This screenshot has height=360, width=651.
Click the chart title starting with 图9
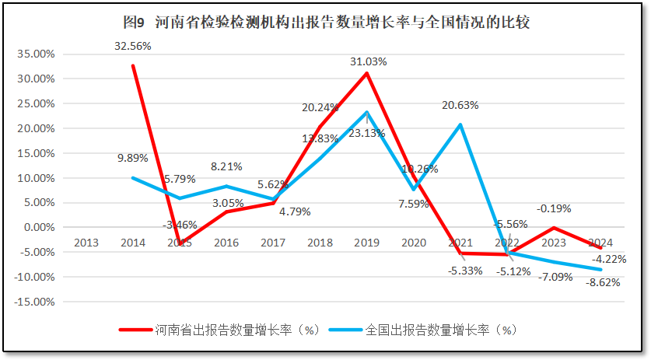pos(326,22)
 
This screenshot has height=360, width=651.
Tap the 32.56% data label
pos(133,46)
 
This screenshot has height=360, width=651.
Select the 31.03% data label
pos(368,61)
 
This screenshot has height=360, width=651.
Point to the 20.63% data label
pos(460,105)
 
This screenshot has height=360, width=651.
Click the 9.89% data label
pos(133,159)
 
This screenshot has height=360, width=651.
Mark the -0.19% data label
pos(553,208)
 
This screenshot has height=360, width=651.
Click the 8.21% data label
pos(226,166)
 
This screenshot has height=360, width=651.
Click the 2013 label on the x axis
pos(86,242)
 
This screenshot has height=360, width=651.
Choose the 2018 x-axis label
pos(320,242)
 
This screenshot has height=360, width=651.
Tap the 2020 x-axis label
pos(413,242)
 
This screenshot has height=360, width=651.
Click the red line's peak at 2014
pos(133,65)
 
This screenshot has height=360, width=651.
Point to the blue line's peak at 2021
pos(460,124)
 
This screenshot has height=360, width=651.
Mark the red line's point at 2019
pos(366,73)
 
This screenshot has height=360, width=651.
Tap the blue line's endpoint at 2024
pos(600,270)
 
